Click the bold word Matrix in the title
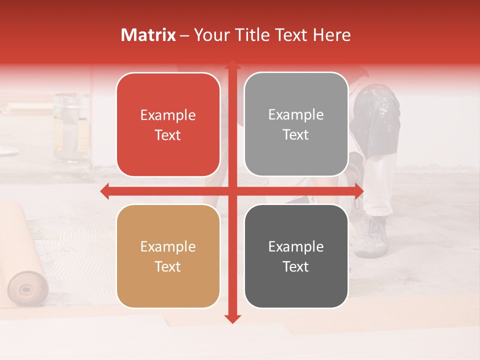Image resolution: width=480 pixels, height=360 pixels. pos(148,35)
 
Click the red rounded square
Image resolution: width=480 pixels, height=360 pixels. pos(168,124)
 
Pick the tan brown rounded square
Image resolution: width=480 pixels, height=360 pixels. pos(168,256)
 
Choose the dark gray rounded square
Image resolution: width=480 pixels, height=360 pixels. pos(296,256)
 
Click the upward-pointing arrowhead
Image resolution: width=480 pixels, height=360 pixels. pos(232,65)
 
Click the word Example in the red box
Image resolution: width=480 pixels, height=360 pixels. pos(168,115)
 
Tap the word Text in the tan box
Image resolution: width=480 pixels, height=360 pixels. pos(168,266)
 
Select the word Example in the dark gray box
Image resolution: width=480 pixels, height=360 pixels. pos(296,246)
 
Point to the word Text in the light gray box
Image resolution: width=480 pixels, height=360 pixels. pos(296,134)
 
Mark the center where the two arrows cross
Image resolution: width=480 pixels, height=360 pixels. pos(232,191)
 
